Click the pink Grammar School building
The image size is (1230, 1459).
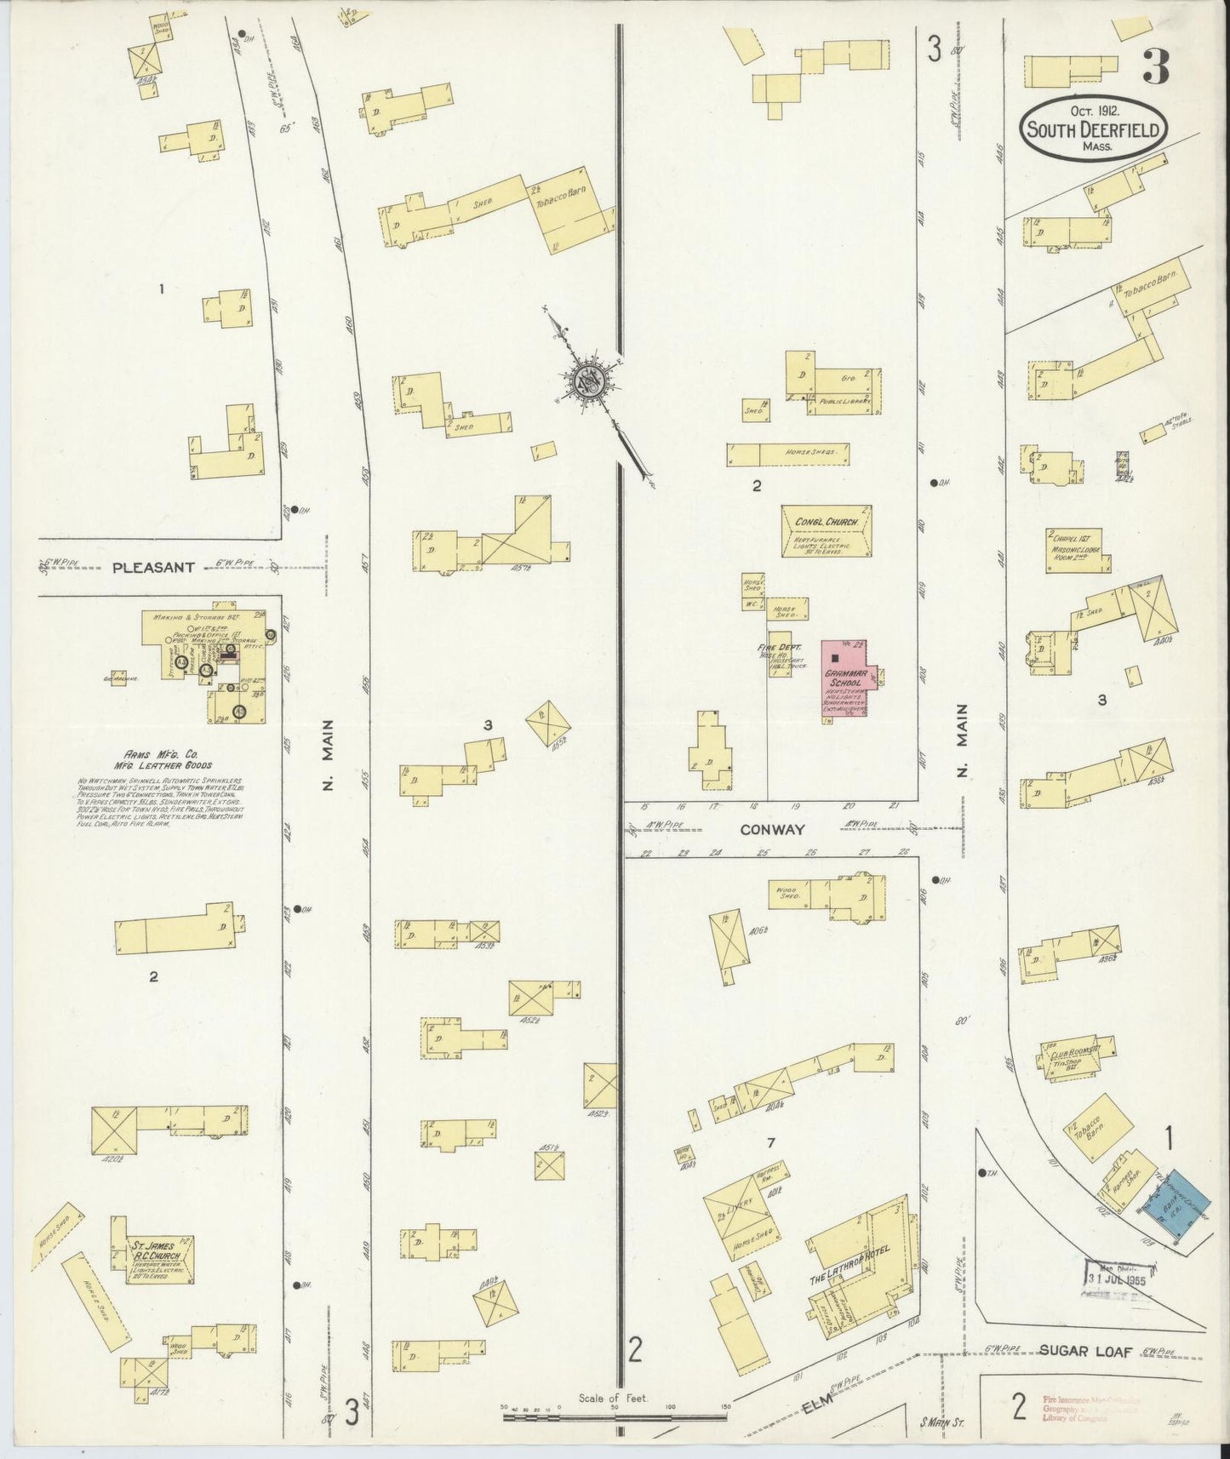point(846,678)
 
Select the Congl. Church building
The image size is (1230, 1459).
point(826,531)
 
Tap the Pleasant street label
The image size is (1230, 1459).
point(155,566)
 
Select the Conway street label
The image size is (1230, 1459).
point(772,829)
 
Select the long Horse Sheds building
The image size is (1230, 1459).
point(788,454)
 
